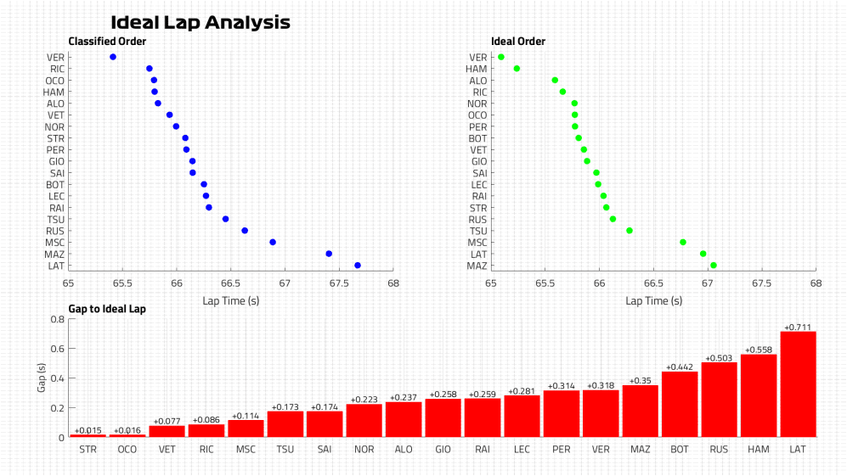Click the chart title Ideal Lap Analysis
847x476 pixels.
200,23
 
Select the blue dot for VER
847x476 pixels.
113,57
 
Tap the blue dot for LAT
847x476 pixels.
358,266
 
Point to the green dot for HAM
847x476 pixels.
517,69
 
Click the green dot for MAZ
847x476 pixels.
714,266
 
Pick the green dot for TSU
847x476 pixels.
630,231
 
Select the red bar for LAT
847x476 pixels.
798,384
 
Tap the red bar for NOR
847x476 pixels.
364,420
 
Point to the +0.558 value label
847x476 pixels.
759,350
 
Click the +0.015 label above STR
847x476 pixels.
88,431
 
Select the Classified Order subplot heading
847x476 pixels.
107,42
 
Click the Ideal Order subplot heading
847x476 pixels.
518,42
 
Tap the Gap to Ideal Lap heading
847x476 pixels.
107,309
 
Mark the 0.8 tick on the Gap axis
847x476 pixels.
59,320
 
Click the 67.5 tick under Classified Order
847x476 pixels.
338,284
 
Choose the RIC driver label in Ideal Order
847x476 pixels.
480,92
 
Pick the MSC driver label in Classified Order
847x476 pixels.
56,243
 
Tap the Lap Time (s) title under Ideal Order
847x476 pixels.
653,300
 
